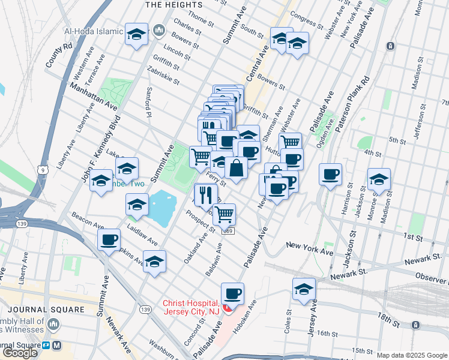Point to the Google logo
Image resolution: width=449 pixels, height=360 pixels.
click(x=20, y=353)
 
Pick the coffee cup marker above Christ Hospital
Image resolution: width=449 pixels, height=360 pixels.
click(x=232, y=294)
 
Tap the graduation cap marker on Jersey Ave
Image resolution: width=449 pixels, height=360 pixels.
click(x=304, y=289)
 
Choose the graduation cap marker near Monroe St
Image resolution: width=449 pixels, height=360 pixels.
click(x=379, y=179)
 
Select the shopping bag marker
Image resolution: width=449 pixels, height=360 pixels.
click(x=237, y=169)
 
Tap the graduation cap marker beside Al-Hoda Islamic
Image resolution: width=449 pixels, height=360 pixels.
click(x=136, y=34)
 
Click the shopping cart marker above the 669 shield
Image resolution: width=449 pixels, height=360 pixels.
click(x=224, y=214)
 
